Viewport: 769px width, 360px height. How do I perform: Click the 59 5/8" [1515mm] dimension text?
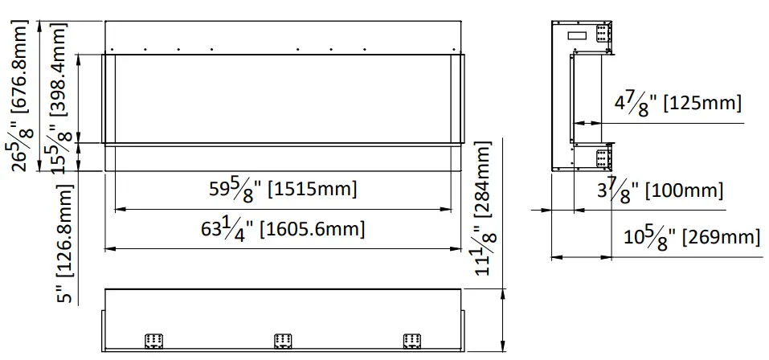tap(282, 190)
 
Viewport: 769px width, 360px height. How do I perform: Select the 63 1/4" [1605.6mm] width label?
tap(283, 229)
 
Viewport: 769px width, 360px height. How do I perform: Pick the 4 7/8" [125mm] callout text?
tap(677, 104)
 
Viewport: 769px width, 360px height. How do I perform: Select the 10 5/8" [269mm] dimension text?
tap(691, 238)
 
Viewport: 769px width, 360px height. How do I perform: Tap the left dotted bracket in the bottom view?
tap(153, 341)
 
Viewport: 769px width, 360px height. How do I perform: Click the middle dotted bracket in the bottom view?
tap(281, 341)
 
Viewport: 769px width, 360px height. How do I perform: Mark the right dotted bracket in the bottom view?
tap(411, 341)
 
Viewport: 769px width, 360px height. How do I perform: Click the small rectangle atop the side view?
tap(577, 35)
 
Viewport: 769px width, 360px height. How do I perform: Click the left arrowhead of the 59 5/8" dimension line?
tap(119, 209)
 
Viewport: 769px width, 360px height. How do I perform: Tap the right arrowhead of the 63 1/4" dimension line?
tap(460, 247)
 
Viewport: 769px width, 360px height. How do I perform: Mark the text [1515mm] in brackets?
tap(312, 190)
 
